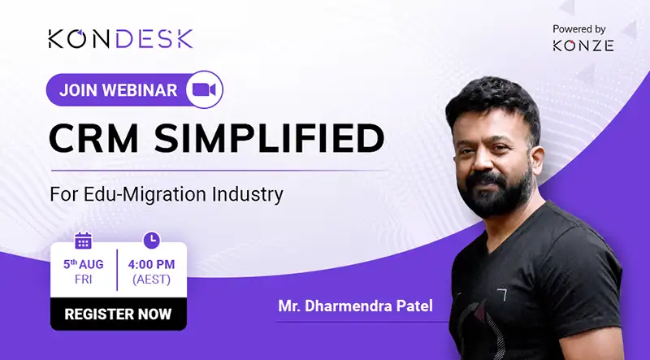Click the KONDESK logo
pos(120,38)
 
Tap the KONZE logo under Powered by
pos(583,46)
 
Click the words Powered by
pos(579,29)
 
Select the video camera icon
pos(205,89)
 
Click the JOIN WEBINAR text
pos(118,90)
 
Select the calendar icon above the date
pos(84,241)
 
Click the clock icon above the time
pos(152,241)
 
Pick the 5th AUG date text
pos(84,264)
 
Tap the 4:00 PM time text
pos(151,264)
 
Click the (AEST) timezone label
pos(151,280)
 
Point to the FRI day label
pos(84,280)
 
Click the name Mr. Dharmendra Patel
pos(355,306)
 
